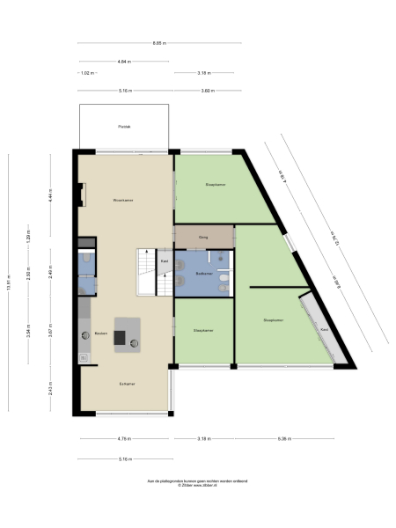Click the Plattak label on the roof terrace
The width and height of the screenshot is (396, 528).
click(x=124, y=128)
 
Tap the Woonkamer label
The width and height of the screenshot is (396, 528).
click(x=123, y=201)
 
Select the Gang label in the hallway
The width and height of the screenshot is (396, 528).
click(x=202, y=237)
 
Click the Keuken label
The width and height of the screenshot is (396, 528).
click(x=101, y=334)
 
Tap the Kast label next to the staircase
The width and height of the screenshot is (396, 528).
click(x=164, y=261)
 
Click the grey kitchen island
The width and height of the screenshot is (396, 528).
click(x=128, y=333)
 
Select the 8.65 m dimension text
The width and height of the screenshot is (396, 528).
click(x=158, y=43)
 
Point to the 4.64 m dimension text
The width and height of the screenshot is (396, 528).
click(x=124, y=61)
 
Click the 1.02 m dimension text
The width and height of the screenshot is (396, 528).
click(x=87, y=73)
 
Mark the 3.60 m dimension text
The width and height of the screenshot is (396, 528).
click(x=207, y=91)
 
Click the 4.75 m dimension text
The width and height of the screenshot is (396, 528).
click(x=123, y=437)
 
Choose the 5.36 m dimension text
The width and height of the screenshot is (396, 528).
click(x=284, y=437)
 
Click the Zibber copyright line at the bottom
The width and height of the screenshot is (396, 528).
click(x=198, y=486)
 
